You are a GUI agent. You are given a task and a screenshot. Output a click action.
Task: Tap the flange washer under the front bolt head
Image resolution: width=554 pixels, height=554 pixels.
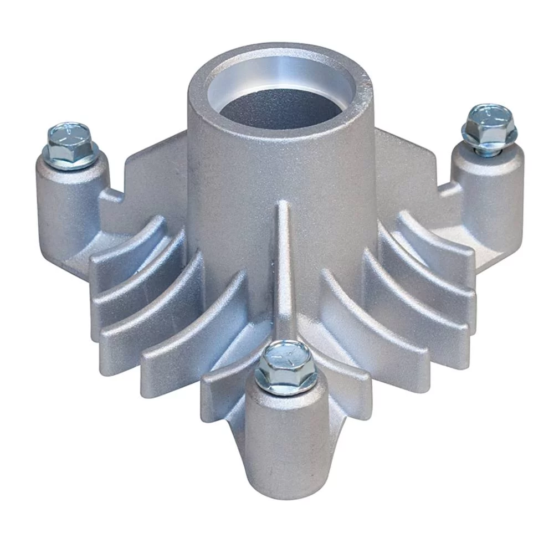(285, 382)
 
